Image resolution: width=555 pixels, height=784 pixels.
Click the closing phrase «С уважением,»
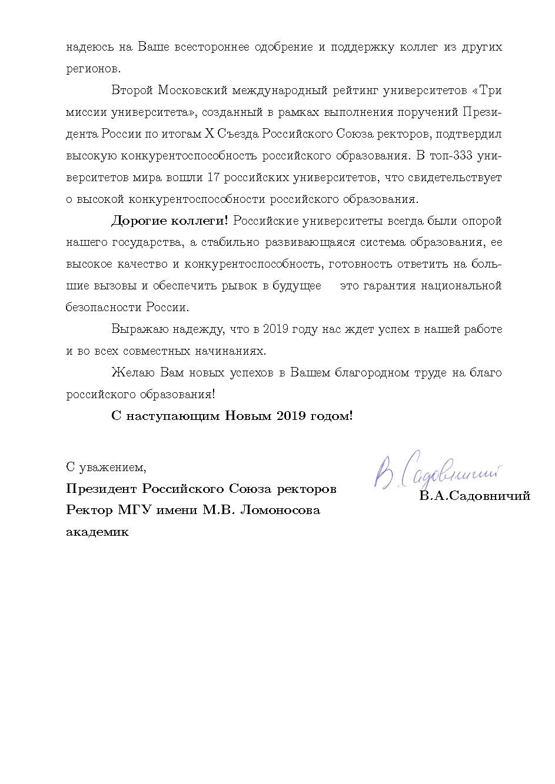[x=106, y=468]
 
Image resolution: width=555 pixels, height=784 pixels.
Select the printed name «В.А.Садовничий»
[x=474, y=496]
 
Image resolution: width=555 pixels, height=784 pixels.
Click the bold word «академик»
[x=97, y=532]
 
